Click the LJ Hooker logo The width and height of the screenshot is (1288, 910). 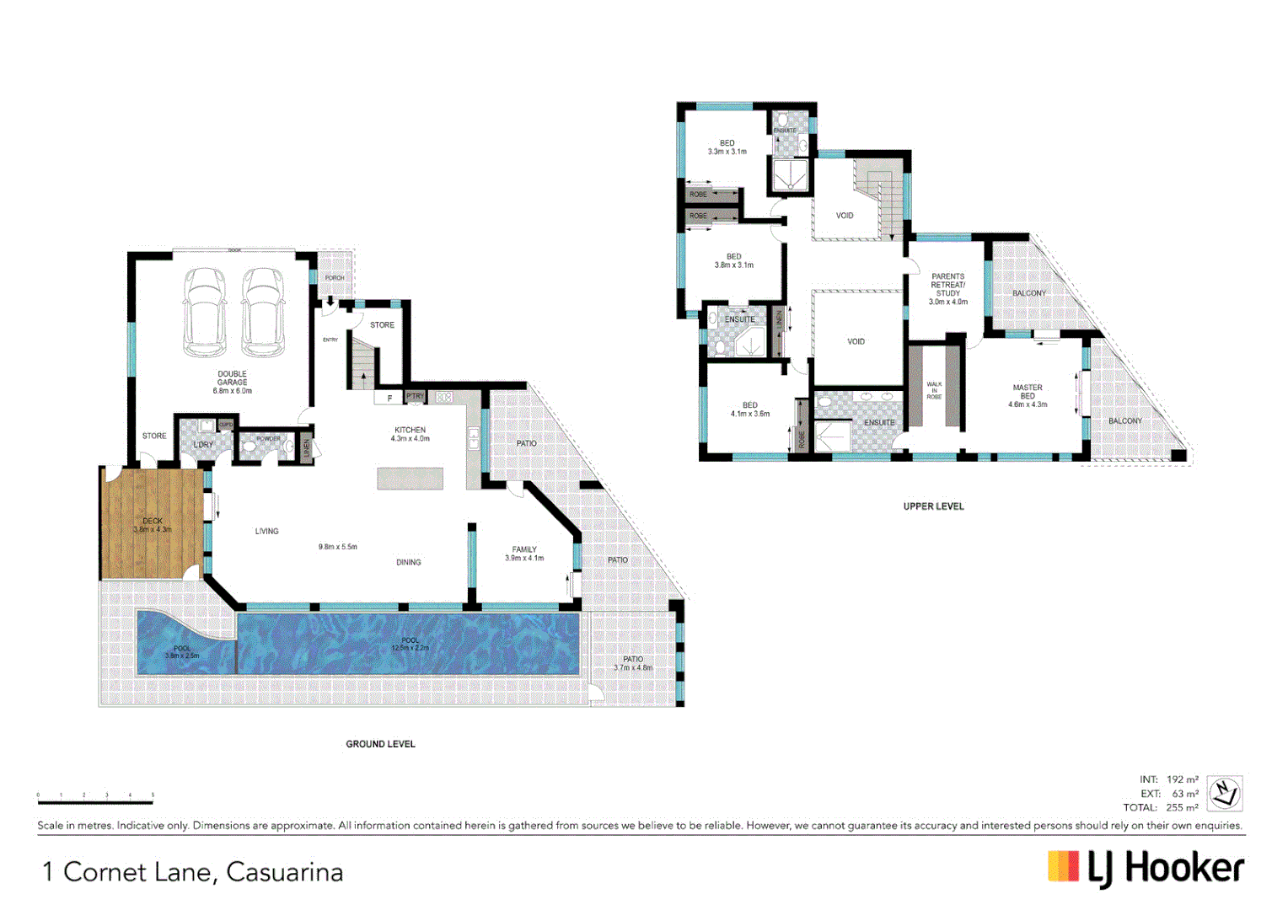[x=1146, y=868]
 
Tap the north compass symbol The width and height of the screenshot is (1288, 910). [x=1224, y=793]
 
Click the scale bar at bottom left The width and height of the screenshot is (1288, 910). [x=95, y=798]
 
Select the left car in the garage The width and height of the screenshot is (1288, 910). [x=205, y=313]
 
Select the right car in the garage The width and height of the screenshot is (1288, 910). [x=263, y=313]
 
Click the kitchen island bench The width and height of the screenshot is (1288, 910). [x=410, y=479]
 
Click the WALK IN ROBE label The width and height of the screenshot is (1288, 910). [x=934, y=390]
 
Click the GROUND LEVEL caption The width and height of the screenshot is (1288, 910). [x=380, y=744]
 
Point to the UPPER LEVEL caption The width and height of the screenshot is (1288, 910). [x=933, y=506]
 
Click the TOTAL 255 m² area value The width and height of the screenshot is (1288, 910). [x=1181, y=807]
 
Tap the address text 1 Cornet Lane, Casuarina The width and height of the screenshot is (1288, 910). [x=193, y=872]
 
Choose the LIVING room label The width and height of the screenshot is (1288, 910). [x=266, y=531]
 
